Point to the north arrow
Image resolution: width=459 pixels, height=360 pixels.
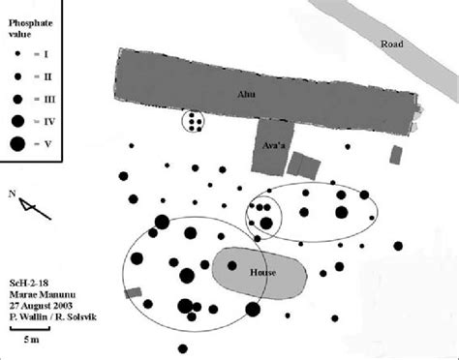pos(29,205)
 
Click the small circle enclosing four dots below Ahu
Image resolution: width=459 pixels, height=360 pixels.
pos(195,122)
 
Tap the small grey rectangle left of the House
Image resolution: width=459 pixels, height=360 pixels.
pos(133,291)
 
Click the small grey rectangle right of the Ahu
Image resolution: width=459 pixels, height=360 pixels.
pos(395,154)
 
